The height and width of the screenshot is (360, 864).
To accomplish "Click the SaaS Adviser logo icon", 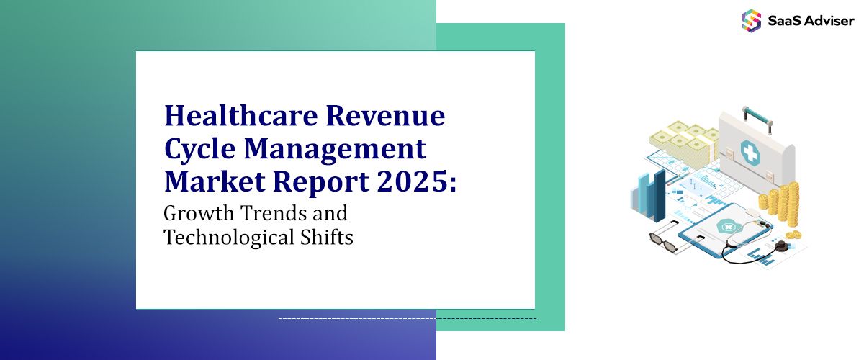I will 751,19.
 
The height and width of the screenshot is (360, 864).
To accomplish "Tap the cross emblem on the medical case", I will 750,153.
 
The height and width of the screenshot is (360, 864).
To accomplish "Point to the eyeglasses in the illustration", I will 666,240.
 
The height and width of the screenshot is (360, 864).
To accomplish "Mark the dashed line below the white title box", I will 407,318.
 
